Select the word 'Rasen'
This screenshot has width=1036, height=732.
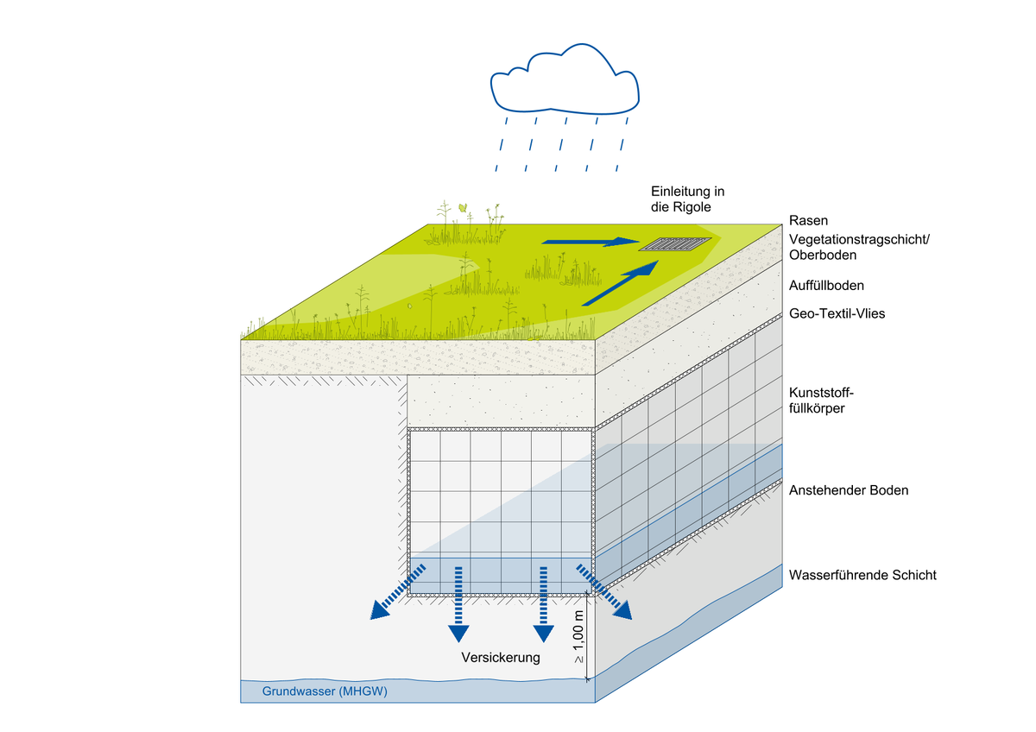click(x=808, y=221)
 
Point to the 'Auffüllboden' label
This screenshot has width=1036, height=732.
click(x=826, y=284)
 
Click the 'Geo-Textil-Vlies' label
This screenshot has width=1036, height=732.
click(x=837, y=313)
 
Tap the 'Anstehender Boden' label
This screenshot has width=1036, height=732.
click(x=849, y=490)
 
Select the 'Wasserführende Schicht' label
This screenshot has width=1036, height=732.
click(x=862, y=575)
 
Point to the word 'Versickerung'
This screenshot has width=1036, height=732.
click(x=501, y=658)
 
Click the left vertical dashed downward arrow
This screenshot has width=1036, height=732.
click(x=458, y=604)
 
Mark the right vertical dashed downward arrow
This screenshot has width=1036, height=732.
click(x=543, y=604)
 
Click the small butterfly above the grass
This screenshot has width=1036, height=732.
click(x=464, y=207)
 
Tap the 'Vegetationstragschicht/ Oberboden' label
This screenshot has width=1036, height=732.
click(x=859, y=247)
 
